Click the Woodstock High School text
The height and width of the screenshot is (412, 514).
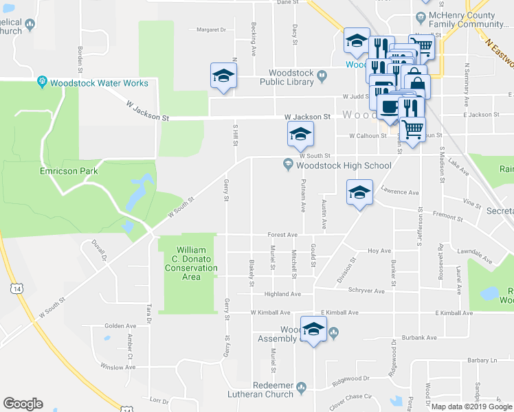[344, 165]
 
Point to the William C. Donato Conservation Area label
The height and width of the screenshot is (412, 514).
[188, 263]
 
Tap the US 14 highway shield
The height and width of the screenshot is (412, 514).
[15, 290]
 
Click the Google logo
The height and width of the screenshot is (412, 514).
[23, 404]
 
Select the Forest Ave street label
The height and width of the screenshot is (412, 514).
[282, 234]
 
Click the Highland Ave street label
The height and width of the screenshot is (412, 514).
[283, 294]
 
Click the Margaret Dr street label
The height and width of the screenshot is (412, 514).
[211, 30]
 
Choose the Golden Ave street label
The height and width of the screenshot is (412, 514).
[120, 326]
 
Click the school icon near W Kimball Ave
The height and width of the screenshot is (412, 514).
[313, 330]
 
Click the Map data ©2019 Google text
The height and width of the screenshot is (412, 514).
[472, 407]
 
